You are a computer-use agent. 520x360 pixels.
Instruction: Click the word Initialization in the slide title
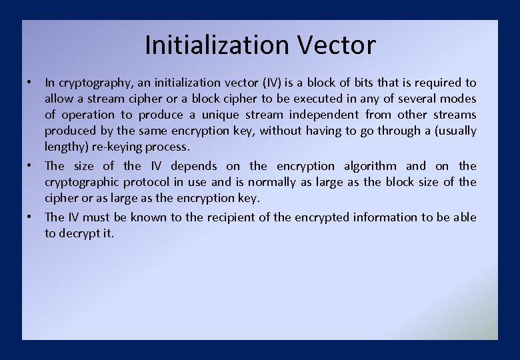(216, 45)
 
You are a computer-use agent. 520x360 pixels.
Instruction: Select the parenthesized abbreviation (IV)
(273, 83)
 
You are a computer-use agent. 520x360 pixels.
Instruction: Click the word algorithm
(370, 166)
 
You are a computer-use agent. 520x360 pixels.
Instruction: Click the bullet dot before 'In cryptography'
(31, 82)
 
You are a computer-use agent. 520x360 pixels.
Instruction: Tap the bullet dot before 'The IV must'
(31, 217)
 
